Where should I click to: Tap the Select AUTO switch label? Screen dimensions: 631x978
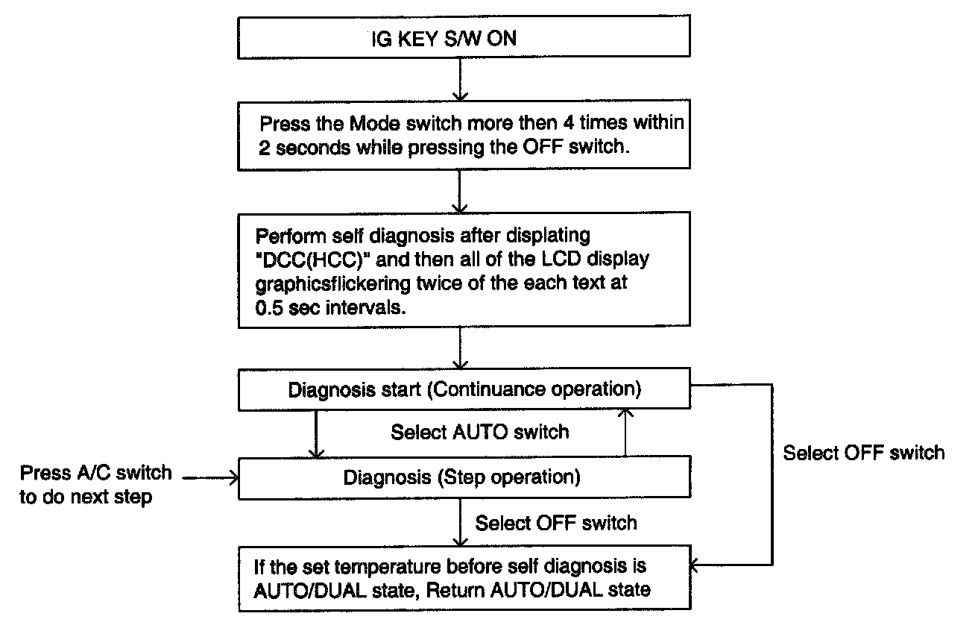(479, 432)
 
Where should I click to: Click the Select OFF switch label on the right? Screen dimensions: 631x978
(863, 453)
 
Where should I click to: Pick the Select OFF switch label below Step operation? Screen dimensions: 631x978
(556, 522)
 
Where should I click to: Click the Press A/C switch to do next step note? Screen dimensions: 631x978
(95, 485)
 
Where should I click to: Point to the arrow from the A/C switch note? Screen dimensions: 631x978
(210, 476)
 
